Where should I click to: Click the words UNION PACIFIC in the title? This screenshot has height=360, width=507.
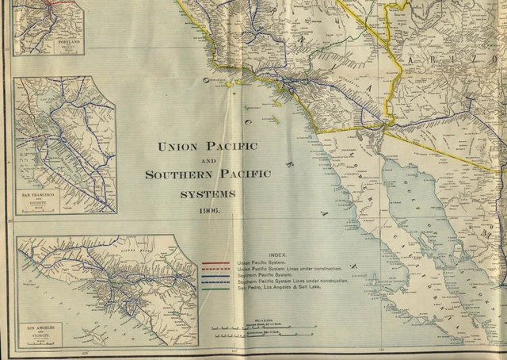point(208,147)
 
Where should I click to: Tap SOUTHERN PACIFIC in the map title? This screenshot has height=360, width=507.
point(208,174)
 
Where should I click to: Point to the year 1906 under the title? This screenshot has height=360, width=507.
point(209,211)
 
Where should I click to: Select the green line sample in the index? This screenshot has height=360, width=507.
point(215,288)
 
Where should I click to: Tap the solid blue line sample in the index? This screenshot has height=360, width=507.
point(215,275)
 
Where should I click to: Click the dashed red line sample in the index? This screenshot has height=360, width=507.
point(215,269)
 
